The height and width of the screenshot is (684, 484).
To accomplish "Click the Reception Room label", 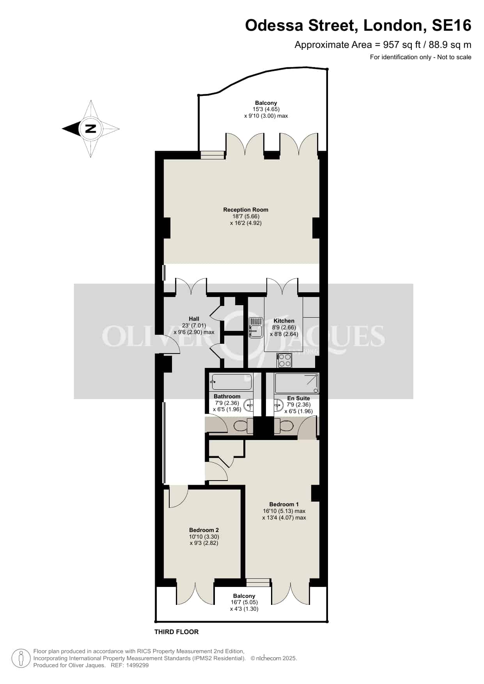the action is [x=246, y=210].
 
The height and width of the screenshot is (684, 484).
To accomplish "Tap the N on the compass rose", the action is [x=90, y=129].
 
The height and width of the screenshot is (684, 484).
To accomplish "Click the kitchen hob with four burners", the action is [x=284, y=360].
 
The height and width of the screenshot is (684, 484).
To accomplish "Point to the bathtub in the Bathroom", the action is [x=231, y=382].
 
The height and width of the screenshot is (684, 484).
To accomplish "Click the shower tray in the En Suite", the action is [x=297, y=383].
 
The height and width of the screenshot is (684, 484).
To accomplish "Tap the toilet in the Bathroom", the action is [x=242, y=426].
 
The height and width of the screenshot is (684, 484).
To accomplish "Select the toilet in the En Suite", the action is [x=284, y=426].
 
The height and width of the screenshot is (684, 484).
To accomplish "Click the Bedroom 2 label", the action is [x=204, y=530].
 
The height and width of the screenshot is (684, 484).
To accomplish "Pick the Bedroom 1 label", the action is [x=284, y=504].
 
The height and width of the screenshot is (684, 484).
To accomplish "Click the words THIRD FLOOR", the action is [x=177, y=632].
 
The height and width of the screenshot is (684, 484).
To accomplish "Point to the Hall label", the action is [x=194, y=319].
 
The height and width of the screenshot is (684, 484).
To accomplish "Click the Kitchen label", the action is [x=284, y=321].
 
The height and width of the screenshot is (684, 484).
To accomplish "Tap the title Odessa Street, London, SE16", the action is [x=358, y=25].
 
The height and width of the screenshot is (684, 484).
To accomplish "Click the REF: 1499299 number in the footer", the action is [x=130, y=665].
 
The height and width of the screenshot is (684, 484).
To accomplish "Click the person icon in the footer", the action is [x=21, y=658].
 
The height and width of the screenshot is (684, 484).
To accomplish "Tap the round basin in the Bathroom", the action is [x=248, y=406].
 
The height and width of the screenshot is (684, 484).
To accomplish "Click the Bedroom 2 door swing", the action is [x=179, y=497].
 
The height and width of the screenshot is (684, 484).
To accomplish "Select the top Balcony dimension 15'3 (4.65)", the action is [x=266, y=110].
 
